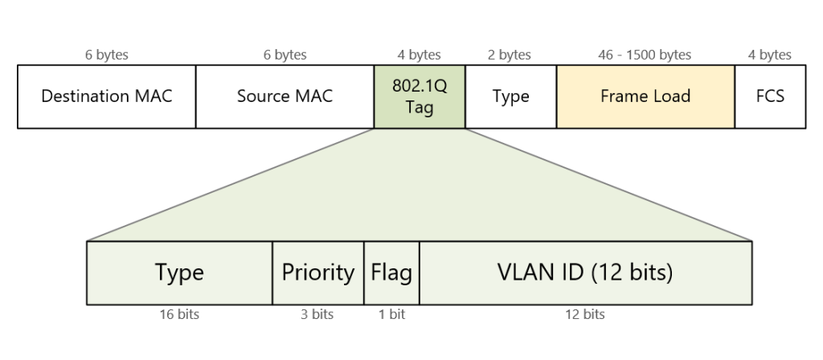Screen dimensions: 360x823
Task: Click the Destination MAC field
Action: pyautogui.click(x=106, y=96)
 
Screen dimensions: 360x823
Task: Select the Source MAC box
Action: pyautogui.click(x=285, y=96)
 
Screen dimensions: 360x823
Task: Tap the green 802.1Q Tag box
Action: pyautogui.click(x=420, y=96)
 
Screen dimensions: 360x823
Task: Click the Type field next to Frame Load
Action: pyautogui.click(x=510, y=96)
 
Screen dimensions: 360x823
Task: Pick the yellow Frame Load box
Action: pyautogui.click(x=645, y=96)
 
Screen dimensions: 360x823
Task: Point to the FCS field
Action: pyautogui.click(x=770, y=96)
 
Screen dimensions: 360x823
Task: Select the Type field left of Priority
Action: pyautogui.click(x=179, y=272)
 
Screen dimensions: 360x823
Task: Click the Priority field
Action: pyautogui.click(x=318, y=272)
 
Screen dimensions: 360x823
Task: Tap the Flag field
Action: pyautogui.click(x=391, y=272)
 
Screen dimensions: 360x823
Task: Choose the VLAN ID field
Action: pyautogui.click(x=585, y=272)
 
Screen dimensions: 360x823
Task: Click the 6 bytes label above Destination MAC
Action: pyautogui.click(x=106, y=55)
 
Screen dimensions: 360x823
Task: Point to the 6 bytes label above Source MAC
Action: pyautogui.click(x=285, y=55)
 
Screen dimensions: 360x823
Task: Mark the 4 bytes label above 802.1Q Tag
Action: pyautogui.click(x=419, y=55)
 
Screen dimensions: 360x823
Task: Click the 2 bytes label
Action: pyautogui.click(x=510, y=55)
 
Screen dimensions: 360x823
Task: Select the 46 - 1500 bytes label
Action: pyautogui.click(x=645, y=55)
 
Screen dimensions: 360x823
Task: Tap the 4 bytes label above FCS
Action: pyautogui.click(x=769, y=55)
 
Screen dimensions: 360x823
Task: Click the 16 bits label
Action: pyautogui.click(x=178, y=314)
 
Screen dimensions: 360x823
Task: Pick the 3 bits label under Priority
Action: pyautogui.click(x=317, y=314)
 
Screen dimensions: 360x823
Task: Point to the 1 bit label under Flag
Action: pyautogui.click(x=391, y=314)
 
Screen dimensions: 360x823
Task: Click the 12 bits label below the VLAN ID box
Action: pyautogui.click(x=584, y=314)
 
